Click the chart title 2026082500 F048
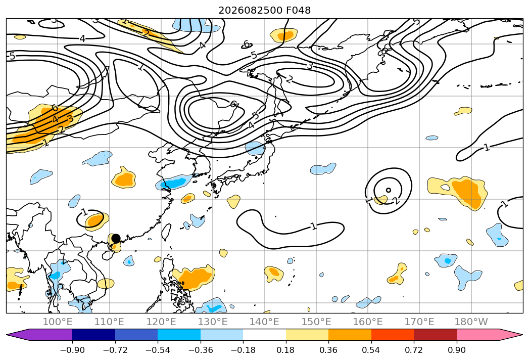pyautogui.click(x=265, y=10)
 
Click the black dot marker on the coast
pyautogui.click(x=116, y=239)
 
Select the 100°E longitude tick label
pyautogui.click(x=58, y=322)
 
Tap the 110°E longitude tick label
pyautogui.click(x=109, y=322)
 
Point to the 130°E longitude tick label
pyautogui.click(x=213, y=322)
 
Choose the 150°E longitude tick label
pyautogui.click(x=316, y=322)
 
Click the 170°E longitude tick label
pyautogui.click(x=419, y=322)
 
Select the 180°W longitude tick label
pyautogui.click(x=471, y=322)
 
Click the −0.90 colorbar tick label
pyautogui.click(x=72, y=350)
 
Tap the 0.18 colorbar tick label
pyautogui.click(x=286, y=350)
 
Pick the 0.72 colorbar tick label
pyautogui.click(x=414, y=350)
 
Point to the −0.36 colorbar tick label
pyautogui.click(x=201, y=350)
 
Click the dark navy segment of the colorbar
pyautogui.click(x=93, y=335)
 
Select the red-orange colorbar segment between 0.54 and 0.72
pyautogui.click(x=393, y=335)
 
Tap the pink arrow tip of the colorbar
pyautogui.click(x=521, y=335)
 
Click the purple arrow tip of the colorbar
pyautogui.click(x=8, y=335)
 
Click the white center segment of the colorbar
pyautogui.click(x=265, y=335)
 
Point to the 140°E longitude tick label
pyautogui.click(x=264, y=322)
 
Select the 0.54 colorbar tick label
pyautogui.click(x=371, y=350)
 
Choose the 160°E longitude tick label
pyautogui.click(x=368, y=322)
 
